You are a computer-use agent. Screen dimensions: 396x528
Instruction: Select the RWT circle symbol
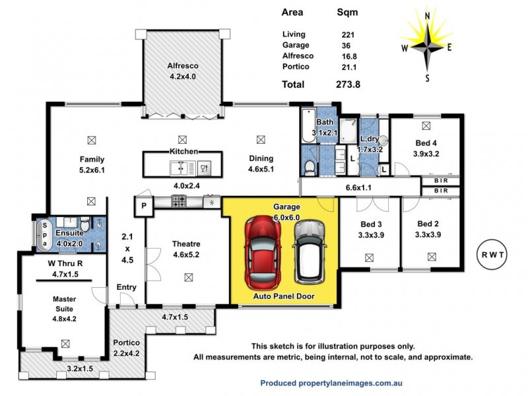492,255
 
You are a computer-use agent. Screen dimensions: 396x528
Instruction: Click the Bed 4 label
425,143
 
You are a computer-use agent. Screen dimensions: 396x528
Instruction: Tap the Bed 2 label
428,223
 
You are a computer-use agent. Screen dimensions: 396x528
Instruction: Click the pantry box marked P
143,205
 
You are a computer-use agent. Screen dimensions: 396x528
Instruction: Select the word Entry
127,287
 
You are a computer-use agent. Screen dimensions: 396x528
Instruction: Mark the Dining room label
261,158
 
